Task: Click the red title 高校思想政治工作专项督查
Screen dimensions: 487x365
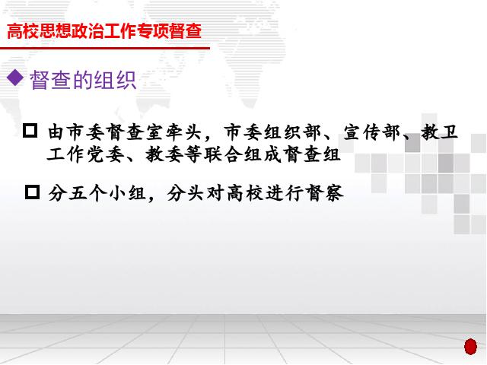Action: [104, 31]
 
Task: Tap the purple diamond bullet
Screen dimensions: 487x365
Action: [15, 78]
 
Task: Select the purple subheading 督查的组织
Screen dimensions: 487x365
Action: [83, 80]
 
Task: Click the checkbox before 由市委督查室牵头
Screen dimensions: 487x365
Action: [30, 130]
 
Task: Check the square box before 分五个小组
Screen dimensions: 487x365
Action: [32, 192]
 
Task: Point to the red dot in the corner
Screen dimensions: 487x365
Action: [470, 347]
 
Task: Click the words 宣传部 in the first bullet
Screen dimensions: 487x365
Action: [372, 132]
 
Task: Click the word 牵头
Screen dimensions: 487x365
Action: [183, 132]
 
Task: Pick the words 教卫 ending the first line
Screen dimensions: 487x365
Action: [440, 132]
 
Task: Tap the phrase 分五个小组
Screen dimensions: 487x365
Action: [97, 193]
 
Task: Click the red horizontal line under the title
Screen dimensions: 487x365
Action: [105, 48]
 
